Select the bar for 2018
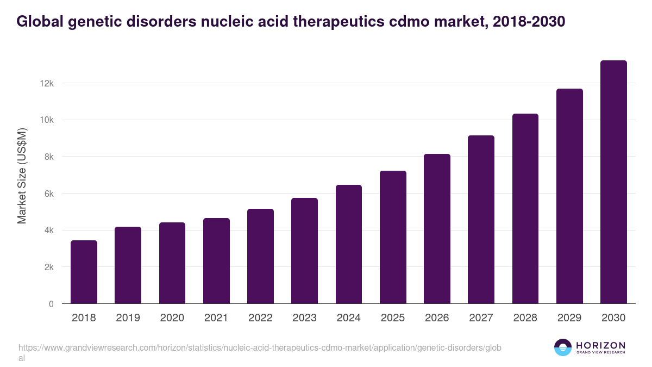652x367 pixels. (x=84, y=272)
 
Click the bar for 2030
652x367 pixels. (x=613, y=182)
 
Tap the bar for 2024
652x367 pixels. (x=349, y=244)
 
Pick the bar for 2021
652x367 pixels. (x=216, y=261)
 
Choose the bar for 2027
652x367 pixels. (x=481, y=220)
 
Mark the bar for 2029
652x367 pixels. (x=569, y=196)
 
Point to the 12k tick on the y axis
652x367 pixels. (x=47, y=83)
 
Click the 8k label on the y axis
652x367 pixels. (x=49, y=157)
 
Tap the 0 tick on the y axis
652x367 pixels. (x=51, y=304)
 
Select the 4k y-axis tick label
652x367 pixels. (x=49, y=231)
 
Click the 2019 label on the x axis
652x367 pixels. (x=128, y=318)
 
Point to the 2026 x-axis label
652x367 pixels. (x=437, y=318)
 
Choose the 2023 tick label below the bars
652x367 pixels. (x=304, y=318)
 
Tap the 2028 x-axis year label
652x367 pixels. (x=525, y=318)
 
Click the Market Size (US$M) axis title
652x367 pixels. (x=22, y=176)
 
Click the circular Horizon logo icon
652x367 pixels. (x=562, y=347)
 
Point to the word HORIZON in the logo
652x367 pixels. (x=600, y=345)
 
